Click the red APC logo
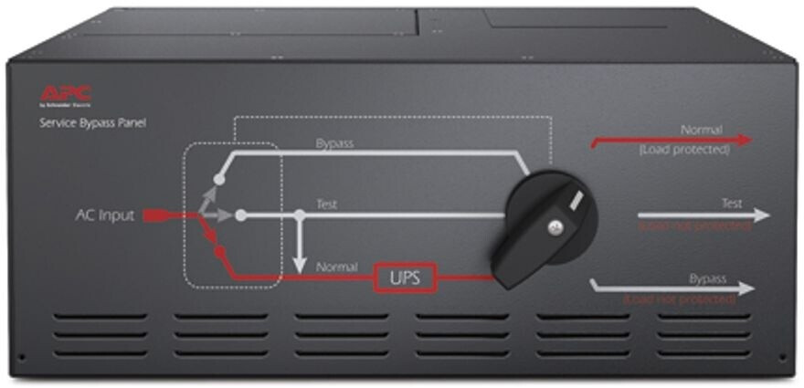tap(65, 93)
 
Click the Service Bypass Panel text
tap(91, 122)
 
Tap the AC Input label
tap(104, 216)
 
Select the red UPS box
tap(405, 278)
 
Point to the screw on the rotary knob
tap(554, 225)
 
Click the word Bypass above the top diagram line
tap(334, 144)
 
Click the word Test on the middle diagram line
tap(325, 205)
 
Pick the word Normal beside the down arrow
tap(336, 267)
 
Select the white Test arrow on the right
tap(704, 216)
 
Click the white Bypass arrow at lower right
tap(676, 288)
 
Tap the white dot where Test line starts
tap(241, 216)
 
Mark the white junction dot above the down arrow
tap(299, 216)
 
